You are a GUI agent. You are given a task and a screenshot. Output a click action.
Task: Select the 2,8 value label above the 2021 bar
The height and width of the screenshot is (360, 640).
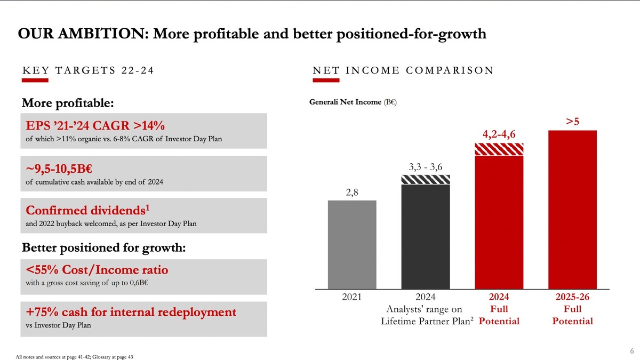click(x=352, y=190)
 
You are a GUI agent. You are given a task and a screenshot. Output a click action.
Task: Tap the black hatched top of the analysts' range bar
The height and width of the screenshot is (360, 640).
click(x=425, y=180)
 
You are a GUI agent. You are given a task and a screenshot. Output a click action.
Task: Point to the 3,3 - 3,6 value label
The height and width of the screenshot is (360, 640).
click(x=425, y=166)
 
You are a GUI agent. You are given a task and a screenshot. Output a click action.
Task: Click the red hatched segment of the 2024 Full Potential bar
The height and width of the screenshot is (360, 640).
click(x=499, y=149)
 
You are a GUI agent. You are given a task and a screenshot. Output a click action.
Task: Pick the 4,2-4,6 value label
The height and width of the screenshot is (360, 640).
click(x=499, y=134)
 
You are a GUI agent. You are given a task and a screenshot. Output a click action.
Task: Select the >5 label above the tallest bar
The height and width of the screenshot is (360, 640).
click(x=572, y=122)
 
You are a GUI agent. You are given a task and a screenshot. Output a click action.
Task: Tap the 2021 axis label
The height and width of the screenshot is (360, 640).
click(x=352, y=297)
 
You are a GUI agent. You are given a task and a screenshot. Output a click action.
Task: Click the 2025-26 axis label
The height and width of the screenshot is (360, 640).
click(x=572, y=297)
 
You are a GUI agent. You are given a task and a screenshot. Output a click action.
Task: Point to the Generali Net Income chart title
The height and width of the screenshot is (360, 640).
click(x=353, y=102)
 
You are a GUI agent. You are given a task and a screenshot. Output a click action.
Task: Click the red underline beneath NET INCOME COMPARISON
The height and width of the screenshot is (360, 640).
click(x=326, y=81)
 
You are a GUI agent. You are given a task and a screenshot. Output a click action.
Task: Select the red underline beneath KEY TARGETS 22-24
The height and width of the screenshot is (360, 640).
click(x=35, y=81)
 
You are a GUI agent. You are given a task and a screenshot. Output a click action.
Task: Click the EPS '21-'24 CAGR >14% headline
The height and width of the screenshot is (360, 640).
click(x=95, y=126)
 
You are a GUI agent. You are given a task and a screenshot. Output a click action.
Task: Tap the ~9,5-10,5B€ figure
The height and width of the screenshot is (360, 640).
click(x=59, y=171)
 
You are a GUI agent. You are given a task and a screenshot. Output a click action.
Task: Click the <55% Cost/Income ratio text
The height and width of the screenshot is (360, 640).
click(x=97, y=270)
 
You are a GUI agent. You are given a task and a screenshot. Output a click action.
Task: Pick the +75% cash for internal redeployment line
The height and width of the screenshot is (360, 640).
click(x=131, y=312)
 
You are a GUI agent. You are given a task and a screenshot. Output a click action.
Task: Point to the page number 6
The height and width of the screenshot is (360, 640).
click(x=631, y=351)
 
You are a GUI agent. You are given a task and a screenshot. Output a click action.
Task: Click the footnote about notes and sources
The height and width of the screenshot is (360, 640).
click(x=74, y=356)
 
